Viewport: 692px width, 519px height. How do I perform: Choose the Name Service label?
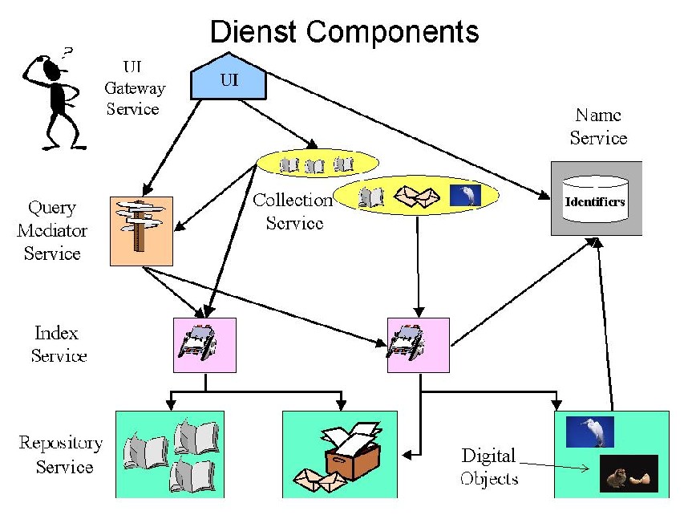click(x=598, y=127)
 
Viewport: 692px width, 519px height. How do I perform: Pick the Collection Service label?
click(x=293, y=212)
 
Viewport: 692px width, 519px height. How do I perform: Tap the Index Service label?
click(x=59, y=344)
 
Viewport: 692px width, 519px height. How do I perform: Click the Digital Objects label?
click(x=488, y=468)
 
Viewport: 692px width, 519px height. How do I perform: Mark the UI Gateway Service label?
click(x=135, y=88)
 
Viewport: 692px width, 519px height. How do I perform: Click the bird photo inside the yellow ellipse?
click(x=465, y=195)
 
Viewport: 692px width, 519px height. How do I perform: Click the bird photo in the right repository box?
click(x=589, y=432)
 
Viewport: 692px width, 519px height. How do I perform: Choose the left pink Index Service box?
click(x=205, y=345)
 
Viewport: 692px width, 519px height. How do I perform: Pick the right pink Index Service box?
click(x=419, y=345)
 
